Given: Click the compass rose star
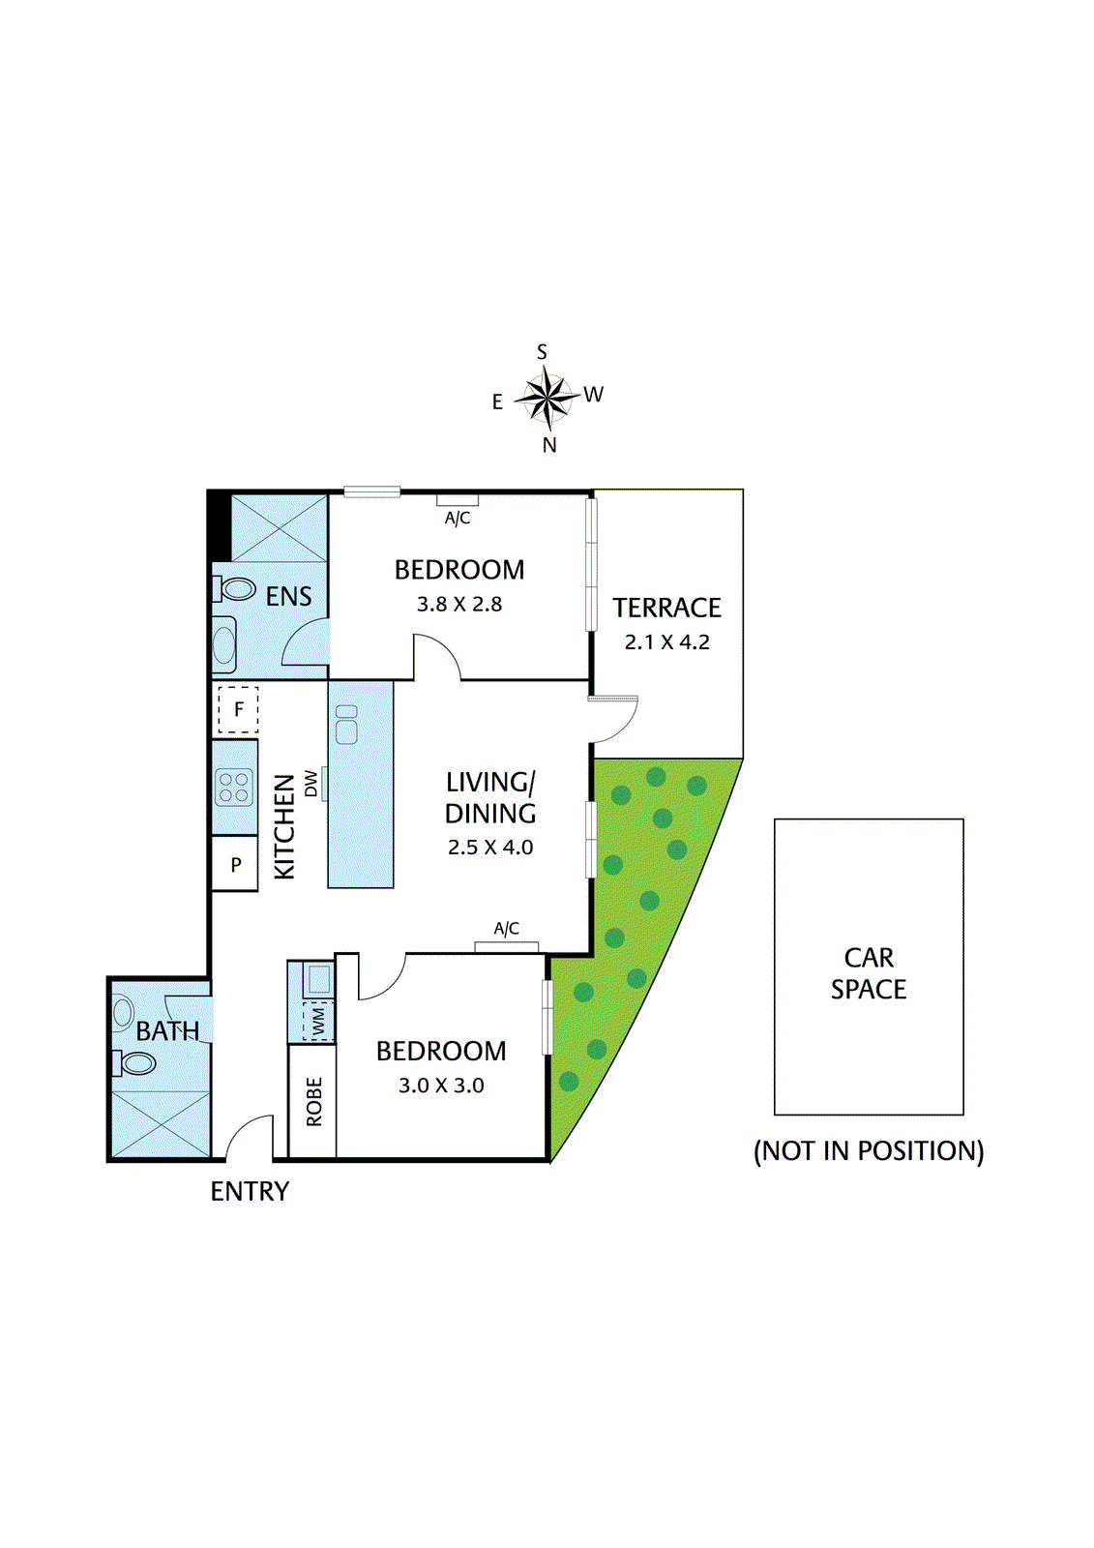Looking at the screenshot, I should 547,397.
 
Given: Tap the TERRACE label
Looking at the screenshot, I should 666,608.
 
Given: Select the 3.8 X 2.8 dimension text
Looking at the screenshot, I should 458,604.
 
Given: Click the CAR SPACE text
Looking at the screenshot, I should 868,973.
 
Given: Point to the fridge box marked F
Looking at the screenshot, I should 238,709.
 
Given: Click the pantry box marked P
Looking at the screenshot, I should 235,865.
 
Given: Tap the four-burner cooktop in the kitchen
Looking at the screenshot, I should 234,787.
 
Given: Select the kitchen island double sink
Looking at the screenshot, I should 346,724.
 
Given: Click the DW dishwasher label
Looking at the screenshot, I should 310,783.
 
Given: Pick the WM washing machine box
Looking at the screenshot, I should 318,1020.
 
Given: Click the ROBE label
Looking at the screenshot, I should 313,1101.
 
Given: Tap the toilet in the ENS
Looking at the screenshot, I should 235,588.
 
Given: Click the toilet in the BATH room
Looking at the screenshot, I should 136,1063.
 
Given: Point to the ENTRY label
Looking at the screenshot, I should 250,1191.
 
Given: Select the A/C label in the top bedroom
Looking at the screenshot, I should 458,519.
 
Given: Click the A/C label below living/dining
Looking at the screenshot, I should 506,929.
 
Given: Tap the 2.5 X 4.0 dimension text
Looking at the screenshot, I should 490,848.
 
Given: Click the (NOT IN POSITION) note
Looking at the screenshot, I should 868,1150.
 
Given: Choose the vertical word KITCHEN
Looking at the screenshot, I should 283,826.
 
